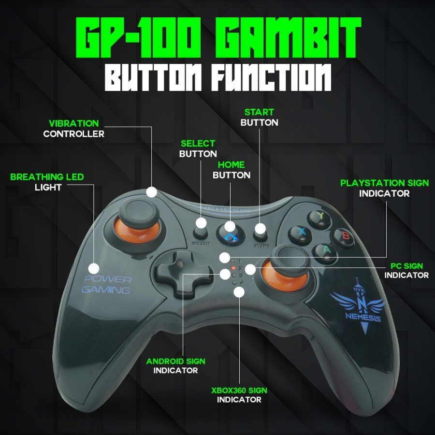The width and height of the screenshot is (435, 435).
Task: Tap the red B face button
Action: (344, 236)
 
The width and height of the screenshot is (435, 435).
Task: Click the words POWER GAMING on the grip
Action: (106, 285)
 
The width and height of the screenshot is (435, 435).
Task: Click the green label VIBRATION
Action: (73, 124)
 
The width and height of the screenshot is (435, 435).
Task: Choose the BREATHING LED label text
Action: (47, 177)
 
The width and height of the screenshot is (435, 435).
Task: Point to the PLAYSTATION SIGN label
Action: (384, 183)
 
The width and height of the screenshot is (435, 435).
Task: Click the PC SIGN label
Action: (406, 266)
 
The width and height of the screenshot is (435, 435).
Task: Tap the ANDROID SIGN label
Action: (175, 361)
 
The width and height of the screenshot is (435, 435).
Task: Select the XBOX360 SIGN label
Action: (239, 390)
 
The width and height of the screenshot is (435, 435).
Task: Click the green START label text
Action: (259, 112)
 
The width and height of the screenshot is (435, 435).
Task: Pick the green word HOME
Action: (231, 165)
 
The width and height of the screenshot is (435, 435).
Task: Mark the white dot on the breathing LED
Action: (94, 267)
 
